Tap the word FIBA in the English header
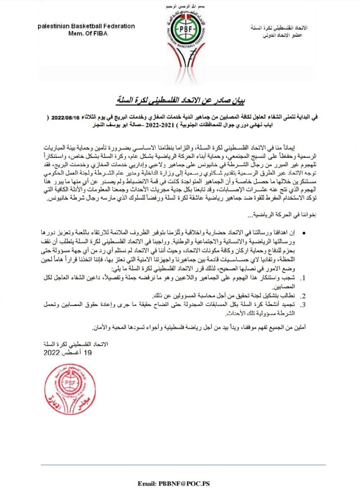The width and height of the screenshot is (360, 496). [99, 33]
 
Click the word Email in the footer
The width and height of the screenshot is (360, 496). [147, 484]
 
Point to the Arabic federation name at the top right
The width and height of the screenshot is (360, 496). [279, 28]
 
